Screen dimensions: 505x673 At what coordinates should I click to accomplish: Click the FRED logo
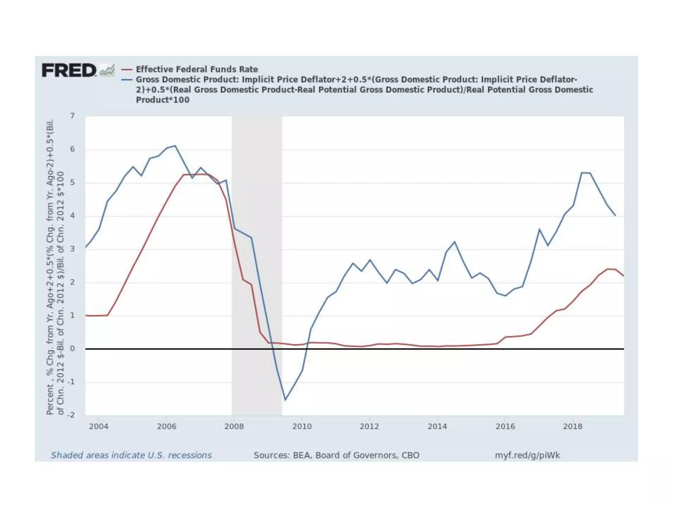69,70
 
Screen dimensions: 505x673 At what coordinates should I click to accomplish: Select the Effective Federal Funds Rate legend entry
197,69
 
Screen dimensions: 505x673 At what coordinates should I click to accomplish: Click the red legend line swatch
127,69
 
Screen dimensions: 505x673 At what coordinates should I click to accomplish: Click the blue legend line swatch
127,80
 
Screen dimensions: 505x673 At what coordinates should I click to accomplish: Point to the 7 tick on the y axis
72,116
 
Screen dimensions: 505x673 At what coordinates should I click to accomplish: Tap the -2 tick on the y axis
71,415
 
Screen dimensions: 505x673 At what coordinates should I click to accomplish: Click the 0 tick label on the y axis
72,349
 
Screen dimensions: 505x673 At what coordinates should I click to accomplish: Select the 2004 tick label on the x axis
98,426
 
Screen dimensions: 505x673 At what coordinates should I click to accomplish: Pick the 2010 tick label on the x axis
302,426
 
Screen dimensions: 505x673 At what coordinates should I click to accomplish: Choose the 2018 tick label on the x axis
572,426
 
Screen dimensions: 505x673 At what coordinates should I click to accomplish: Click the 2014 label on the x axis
437,426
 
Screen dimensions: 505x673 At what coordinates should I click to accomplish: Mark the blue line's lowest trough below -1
285,400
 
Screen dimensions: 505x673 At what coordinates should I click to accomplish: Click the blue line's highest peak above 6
175,146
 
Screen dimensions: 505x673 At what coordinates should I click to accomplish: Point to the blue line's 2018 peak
582,173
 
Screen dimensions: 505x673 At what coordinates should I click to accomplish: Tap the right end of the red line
623,276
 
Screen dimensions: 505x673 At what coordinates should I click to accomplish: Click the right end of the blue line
615,216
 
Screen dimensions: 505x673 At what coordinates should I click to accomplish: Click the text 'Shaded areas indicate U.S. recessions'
131,455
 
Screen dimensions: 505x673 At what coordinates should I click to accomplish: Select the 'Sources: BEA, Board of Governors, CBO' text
336,455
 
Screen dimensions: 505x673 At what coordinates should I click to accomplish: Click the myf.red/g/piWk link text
527,455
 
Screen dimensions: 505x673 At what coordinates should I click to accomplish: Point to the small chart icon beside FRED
107,70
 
